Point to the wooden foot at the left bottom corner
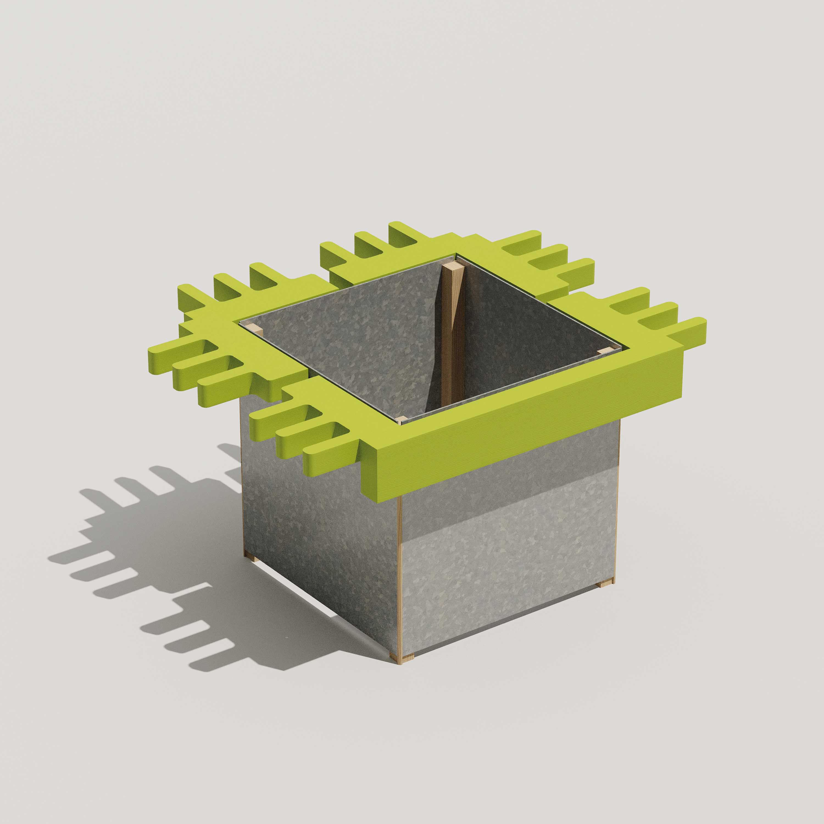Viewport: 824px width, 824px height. (249, 556)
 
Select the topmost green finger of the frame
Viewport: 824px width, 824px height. (399, 228)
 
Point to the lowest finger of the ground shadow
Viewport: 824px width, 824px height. (201, 665)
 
